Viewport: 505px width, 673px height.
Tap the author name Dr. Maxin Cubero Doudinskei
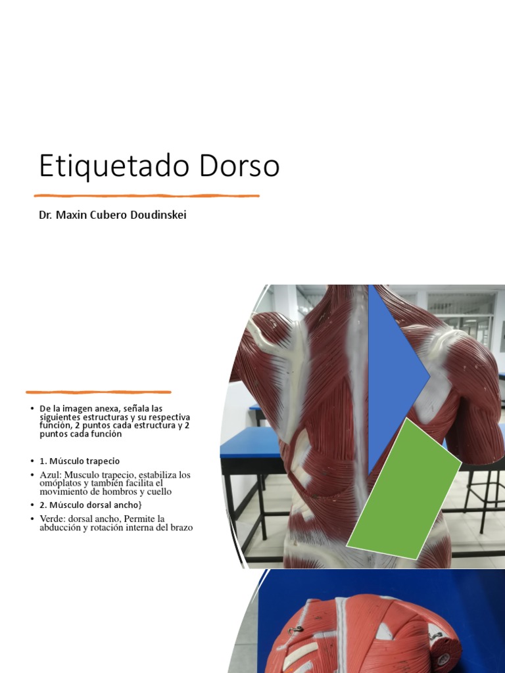pos(112,215)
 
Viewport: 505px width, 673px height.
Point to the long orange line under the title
pos(147,195)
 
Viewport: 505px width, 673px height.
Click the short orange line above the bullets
pos(98,392)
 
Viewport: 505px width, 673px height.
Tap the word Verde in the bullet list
pos(52,519)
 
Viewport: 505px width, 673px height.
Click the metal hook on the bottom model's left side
pos(294,631)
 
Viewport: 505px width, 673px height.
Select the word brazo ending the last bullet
pos(180,527)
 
